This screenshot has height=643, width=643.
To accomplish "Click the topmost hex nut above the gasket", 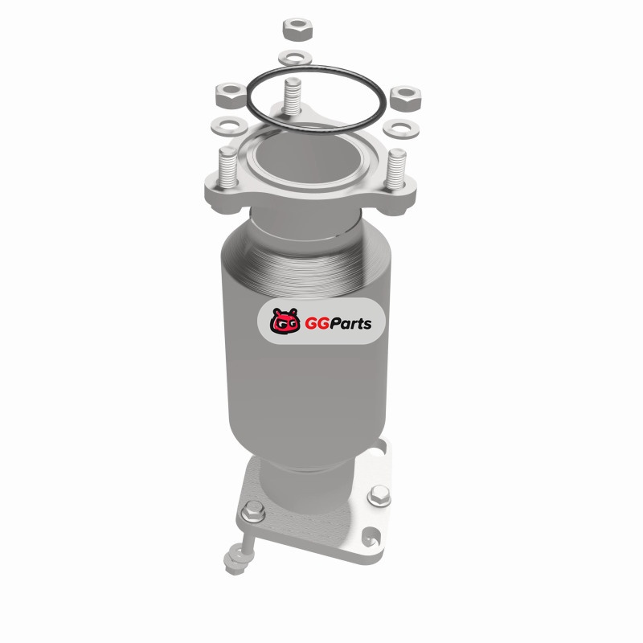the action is tap(297, 29).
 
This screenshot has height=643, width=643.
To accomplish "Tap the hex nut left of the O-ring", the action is tap(231, 95).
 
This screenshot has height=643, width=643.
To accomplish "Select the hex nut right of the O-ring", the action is tap(405, 97).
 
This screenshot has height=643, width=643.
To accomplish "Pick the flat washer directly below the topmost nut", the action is tap(295, 57).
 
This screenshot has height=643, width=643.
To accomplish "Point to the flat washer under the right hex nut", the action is tap(401, 129).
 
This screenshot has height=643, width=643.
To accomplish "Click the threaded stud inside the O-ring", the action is tap(293, 96).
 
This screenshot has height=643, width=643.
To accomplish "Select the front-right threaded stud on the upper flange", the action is tap(396, 170).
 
